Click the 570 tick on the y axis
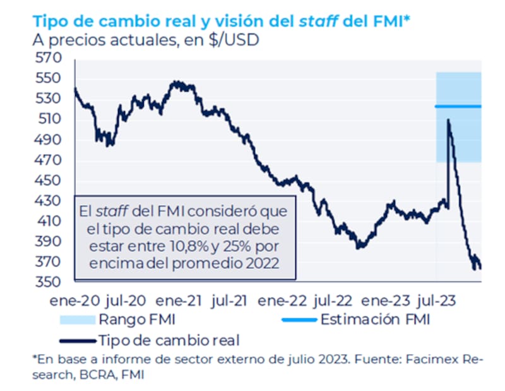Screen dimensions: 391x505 (49, 58)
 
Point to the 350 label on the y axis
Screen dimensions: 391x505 (49, 282)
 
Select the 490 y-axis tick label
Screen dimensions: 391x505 (49, 140)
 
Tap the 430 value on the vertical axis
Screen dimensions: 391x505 (49, 201)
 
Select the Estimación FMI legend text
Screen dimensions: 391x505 (376, 319)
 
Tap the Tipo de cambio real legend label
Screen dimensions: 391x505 (169, 340)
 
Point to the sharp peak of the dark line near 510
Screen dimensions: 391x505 (448, 119)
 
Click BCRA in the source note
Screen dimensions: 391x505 (93, 373)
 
